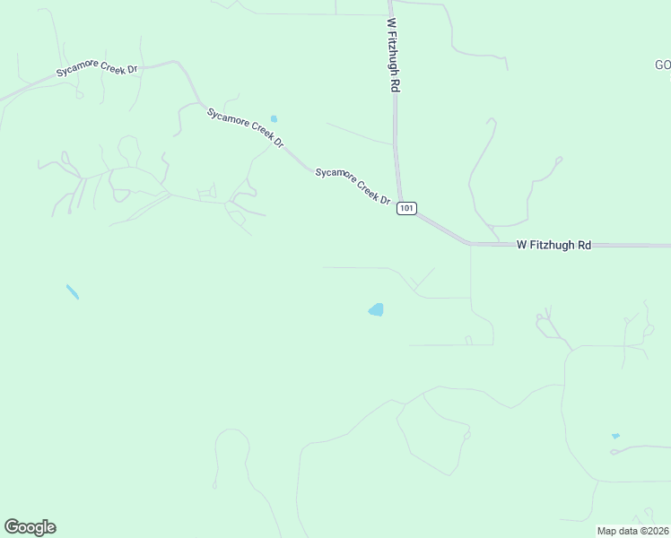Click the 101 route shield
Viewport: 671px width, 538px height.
(407, 208)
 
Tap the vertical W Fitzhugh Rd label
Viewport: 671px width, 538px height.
(393, 55)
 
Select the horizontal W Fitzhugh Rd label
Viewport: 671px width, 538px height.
(553, 244)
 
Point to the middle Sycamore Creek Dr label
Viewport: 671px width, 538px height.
(245, 129)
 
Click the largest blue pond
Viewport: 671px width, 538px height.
(376, 310)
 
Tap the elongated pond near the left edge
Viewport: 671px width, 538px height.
(72, 291)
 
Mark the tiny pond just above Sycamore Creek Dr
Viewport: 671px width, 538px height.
(274, 118)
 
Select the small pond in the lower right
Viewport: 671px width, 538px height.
(615, 437)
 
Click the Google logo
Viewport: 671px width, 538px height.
(30, 527)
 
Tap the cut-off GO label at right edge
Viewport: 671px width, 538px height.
(662, 65)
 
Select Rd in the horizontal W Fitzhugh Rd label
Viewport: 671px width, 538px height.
(583, 244)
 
